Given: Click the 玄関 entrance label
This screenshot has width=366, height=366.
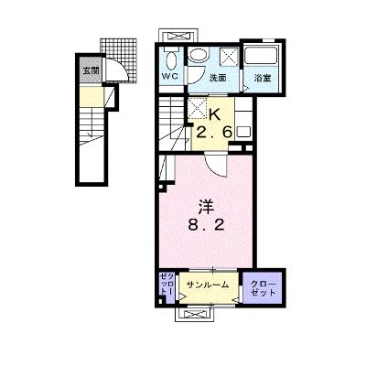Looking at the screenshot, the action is coord(91,71).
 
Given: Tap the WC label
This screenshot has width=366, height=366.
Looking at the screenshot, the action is coord(169,77).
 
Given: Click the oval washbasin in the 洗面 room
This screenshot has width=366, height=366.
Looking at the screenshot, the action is coord(198,55).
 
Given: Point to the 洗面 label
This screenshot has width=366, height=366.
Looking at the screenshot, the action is coord(218,78).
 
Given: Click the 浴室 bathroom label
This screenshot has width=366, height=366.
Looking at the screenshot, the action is coord(263,78).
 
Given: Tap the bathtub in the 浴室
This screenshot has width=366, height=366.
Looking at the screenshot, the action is coord(261,56).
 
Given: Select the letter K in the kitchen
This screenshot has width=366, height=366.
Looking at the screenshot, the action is coord(214,115).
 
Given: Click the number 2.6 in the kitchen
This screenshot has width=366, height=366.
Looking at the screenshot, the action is coord(214,132).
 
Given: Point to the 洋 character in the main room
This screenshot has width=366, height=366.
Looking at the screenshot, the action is coord(206,207).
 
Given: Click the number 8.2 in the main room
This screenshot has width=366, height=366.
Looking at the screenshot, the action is coord(206,225).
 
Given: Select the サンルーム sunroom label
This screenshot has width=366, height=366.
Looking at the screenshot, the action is coord(208,285).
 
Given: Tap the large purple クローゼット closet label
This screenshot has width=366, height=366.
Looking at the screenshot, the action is coord(263,288).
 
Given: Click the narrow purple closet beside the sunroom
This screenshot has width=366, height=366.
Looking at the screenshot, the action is coord(167,287).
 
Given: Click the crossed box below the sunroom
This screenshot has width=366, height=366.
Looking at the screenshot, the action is coord(193,314).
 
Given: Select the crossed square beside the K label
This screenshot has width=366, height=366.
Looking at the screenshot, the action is coord(197,107).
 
